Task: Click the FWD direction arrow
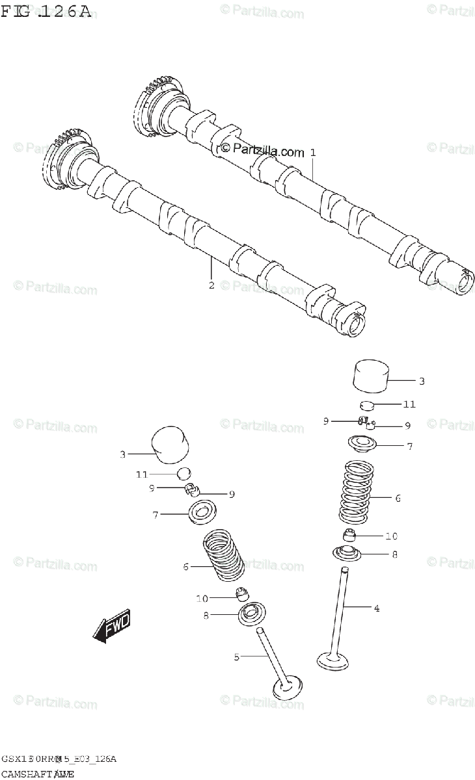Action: (112, 627)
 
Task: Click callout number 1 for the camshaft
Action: (313, 153)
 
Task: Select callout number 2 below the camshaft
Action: (211, 284)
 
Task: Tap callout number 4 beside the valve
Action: (376, 608)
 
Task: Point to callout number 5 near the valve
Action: (237, 657)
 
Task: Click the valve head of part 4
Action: (334, 660)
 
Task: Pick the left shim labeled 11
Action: (184, 474)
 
